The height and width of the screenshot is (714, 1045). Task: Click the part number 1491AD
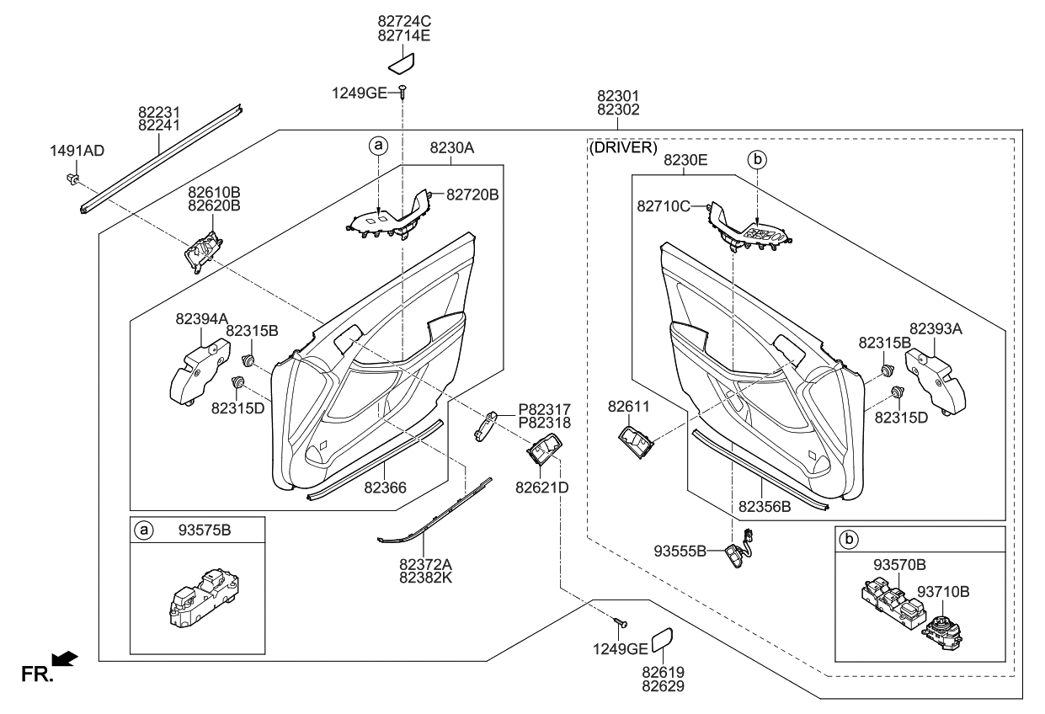point(77,151)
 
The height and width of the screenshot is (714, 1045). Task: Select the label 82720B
point(472,194)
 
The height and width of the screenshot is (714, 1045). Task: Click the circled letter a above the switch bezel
point(379,147)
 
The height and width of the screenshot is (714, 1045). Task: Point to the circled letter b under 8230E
point(757,157)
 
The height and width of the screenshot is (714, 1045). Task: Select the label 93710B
point(943,591)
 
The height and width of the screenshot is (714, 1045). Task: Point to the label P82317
point(544,408)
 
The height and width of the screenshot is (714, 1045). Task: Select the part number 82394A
point(202,318)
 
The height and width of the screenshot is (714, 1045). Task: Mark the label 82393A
point(935,328)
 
